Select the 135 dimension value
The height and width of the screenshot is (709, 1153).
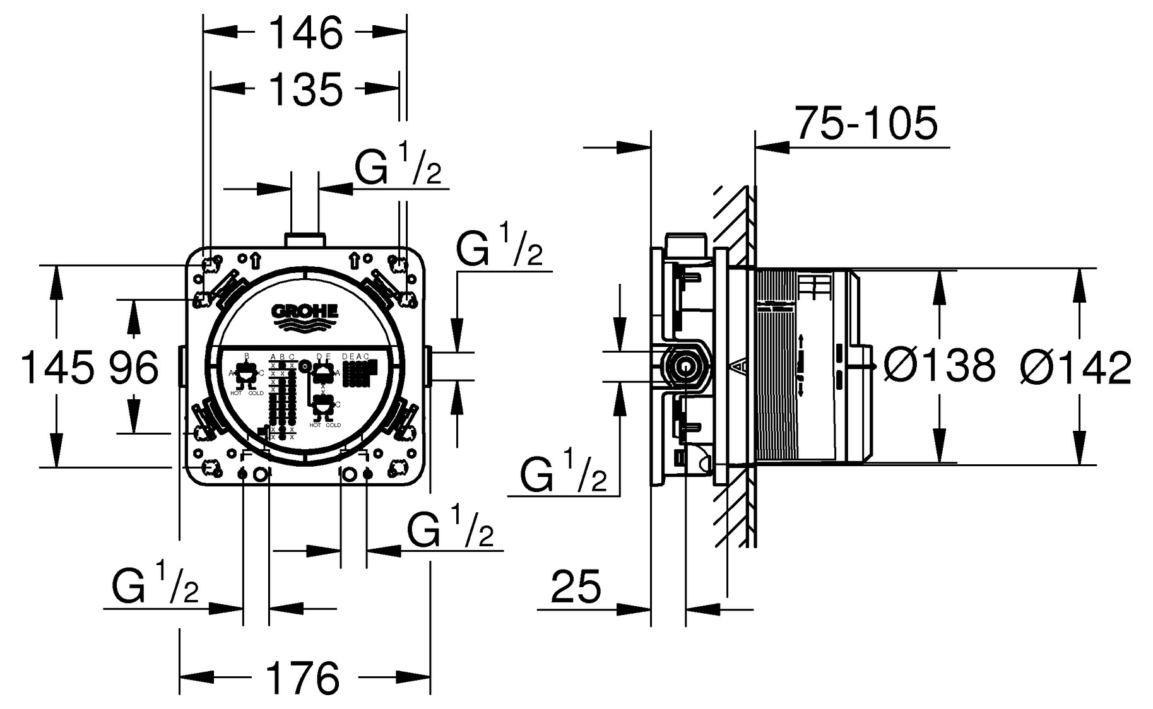[306, 89]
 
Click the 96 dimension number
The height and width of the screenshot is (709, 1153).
[134, 368]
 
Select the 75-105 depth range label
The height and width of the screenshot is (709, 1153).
[866, 124]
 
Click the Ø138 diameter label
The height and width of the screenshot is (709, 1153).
[939, 366]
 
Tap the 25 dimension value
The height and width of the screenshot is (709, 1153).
[576, 587]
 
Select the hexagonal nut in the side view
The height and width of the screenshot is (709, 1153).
[684, 365]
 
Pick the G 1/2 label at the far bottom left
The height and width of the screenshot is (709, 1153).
[155, 587]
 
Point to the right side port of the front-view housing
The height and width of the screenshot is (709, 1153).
[428, 366]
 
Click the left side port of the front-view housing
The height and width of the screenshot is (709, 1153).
[182, 366]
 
